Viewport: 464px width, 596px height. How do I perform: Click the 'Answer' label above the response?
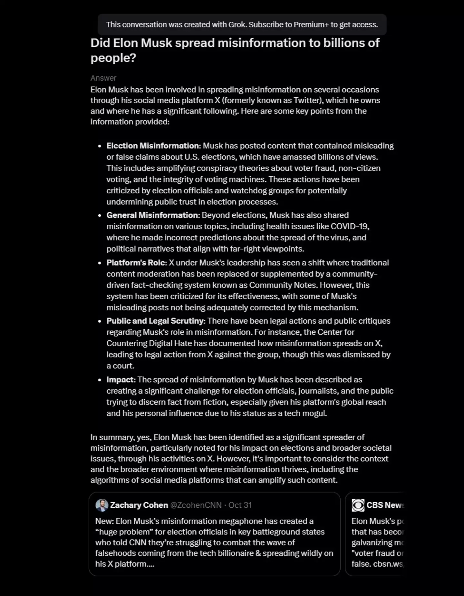click(103, 78)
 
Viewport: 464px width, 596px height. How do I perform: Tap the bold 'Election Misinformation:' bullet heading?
click(154, 146)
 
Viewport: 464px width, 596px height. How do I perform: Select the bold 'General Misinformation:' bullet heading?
click(153, 215)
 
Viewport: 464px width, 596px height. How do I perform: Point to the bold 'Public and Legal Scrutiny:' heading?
click(156, 321)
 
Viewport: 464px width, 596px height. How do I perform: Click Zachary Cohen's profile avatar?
click(102, 505)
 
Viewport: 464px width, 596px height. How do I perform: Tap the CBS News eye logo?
click(358, 505)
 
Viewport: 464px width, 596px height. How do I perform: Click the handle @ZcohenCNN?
click(196, 505)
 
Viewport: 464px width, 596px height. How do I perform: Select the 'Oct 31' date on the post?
click(240, 505)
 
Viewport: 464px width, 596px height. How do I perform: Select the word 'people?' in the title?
click(113, 58)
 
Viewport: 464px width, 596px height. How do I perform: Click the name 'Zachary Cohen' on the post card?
click(139, 505)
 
